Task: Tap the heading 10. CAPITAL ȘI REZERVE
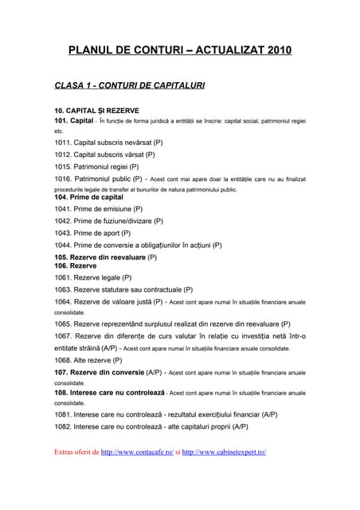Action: (96, 110)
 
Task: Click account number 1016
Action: (63, 178)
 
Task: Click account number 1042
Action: (63, 221)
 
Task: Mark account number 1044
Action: (63, 245)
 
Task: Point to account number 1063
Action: (63, 290)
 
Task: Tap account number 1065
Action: (63, 324)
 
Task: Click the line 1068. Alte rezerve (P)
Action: (88, 360)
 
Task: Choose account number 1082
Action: (63, 426)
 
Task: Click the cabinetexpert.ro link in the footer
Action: (224, 452)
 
